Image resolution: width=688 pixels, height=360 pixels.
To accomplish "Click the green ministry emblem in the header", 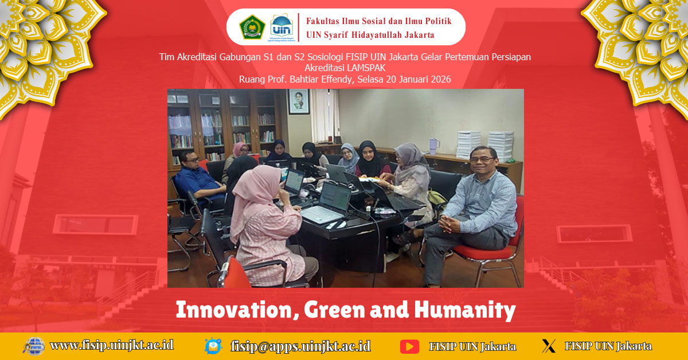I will [252, 27].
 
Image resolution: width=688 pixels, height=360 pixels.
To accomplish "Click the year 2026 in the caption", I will [439, 79].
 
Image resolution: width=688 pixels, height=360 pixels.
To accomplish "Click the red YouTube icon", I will [409, 346].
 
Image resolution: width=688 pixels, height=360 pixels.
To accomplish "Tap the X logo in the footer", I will [549, 346].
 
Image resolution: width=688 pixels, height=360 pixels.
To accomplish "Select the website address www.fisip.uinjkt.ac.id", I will [111, 345].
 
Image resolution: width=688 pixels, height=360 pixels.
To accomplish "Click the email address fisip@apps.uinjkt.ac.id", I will [300, 346].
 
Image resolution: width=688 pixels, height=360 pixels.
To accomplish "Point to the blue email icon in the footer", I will [213, 346].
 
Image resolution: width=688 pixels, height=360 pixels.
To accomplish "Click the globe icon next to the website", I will [34, 346].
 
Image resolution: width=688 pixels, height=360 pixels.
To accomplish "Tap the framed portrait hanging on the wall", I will [298, 101].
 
